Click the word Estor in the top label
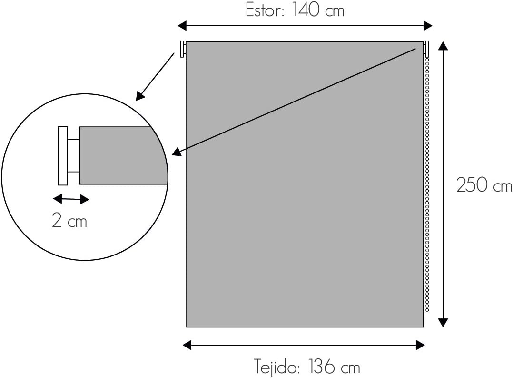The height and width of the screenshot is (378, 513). [x=263, y=10]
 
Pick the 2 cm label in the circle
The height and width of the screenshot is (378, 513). [x=69, y=221]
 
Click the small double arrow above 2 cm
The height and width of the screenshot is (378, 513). [x=70, y=199]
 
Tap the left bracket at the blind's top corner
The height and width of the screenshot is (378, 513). [x=183, y=49]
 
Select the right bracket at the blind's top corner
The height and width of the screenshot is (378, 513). [x=426, y=49]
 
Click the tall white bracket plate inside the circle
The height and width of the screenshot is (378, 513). [x=63, y=155]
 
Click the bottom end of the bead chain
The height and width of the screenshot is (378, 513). [x=427, y=310]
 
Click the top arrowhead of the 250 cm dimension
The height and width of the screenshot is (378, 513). [x=443, y=46]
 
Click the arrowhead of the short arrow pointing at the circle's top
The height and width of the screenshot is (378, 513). [x=139, y=97]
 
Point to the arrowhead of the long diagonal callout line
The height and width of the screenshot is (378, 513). [x=176, y=153]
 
